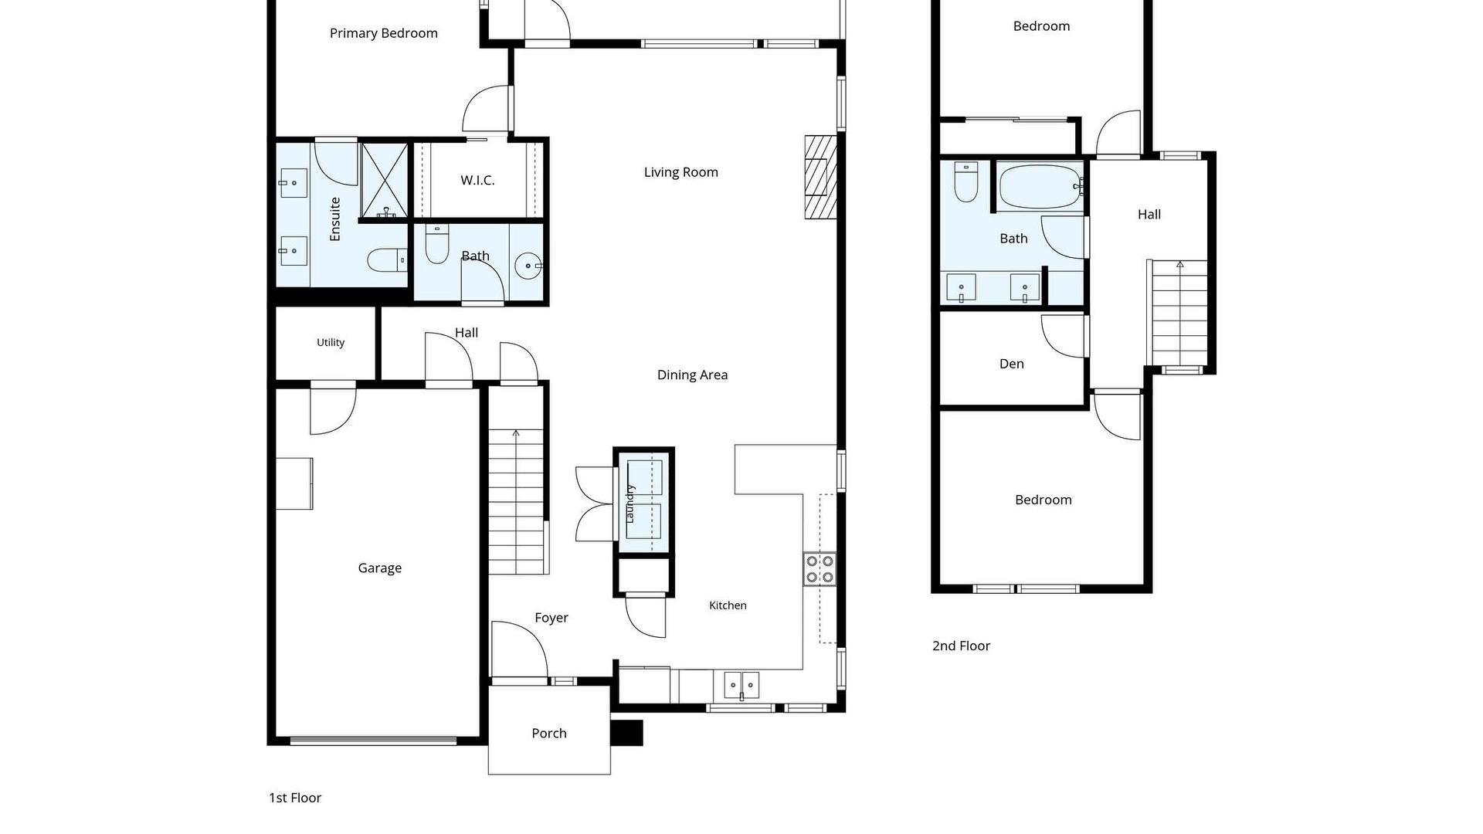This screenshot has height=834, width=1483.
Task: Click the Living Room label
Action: pos(680,172)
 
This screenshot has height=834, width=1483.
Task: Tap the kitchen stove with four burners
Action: pos(820,569)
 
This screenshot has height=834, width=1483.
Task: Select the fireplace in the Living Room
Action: pos(820,177)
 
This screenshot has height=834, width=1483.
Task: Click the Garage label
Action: pos(379,568)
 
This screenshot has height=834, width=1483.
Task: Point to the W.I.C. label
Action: pos(477,181)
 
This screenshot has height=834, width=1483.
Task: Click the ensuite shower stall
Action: pos(385,180)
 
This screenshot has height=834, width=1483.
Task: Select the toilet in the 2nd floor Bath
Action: pos(966,181)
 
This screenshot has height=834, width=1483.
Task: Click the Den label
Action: pos(1011,364)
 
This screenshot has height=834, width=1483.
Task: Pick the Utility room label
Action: pos(331,343)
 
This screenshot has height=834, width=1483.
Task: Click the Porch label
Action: pos(549,734)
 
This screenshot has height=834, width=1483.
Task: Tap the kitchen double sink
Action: pos(741,685)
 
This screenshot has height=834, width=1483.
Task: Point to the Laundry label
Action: pos(630,503)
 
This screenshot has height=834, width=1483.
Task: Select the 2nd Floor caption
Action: pos(961,646)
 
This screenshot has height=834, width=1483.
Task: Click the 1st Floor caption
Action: pos(295,798)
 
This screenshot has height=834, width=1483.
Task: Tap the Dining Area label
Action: pos(692,375)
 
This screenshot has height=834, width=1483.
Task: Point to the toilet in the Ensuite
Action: pos(387,260)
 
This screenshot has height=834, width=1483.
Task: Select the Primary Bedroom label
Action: pos(383,33)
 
